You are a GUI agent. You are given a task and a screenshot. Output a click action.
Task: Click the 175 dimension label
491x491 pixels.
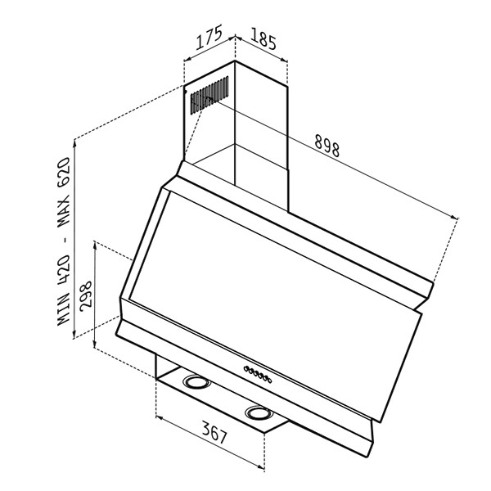209,37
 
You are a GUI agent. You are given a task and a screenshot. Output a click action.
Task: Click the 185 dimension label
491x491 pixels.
263,38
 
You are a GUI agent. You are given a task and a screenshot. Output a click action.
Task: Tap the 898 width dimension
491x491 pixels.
327,146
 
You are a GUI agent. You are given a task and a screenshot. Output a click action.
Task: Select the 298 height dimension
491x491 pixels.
86,296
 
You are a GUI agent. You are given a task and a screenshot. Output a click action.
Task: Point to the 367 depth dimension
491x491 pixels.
214,432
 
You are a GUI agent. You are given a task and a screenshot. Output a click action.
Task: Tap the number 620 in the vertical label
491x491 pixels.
64,172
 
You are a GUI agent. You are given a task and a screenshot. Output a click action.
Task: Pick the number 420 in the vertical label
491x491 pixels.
64,271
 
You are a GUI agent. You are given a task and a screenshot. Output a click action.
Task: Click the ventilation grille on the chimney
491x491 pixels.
209,94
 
